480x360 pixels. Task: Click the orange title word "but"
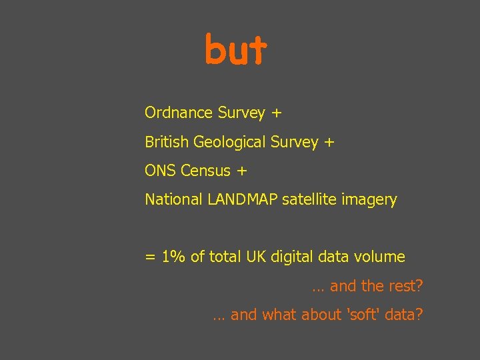pos(235,49)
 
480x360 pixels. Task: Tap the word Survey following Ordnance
pos(241,113)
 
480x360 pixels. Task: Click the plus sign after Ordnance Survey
pos(277,113)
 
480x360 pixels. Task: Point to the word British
pos(167,142)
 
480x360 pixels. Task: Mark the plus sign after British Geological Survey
pos(329,142)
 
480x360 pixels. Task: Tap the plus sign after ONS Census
pos(241,171)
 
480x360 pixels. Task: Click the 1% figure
pos(174,257)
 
